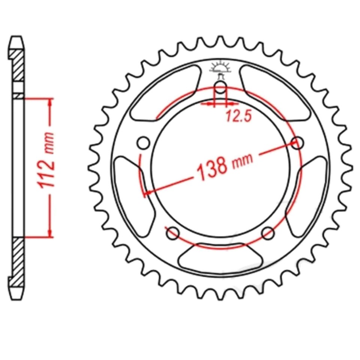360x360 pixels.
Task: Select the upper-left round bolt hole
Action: [x=143, y=142]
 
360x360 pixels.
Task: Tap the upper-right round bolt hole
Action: [x=297, y=142]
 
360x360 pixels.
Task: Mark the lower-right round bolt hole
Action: [x=268, y=233]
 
